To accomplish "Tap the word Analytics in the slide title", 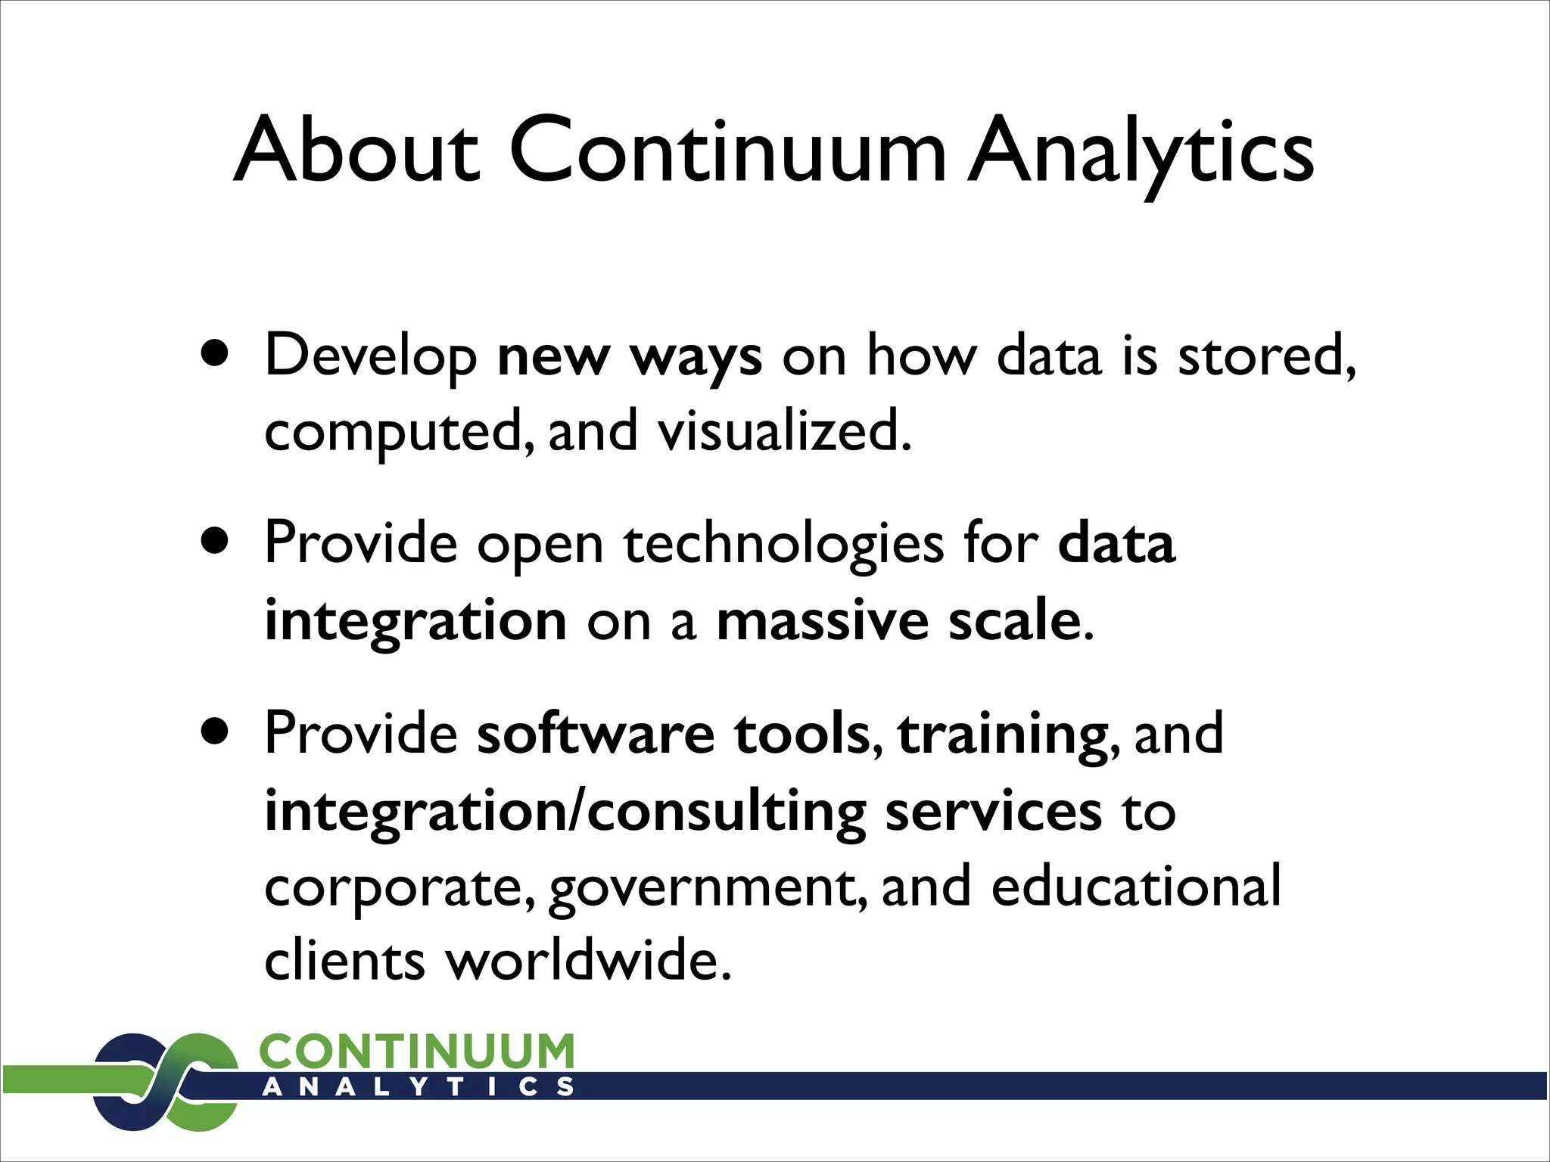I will coord(1141,151).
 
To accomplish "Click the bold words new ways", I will coord(629,356).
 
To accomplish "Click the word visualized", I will coord(783,431).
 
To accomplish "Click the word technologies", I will coord(784,545).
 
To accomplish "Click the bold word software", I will coord(595,734).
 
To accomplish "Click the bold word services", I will coord(993,811).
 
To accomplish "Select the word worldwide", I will coord(587,961).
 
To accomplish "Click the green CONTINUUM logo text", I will coord(416,1052).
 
